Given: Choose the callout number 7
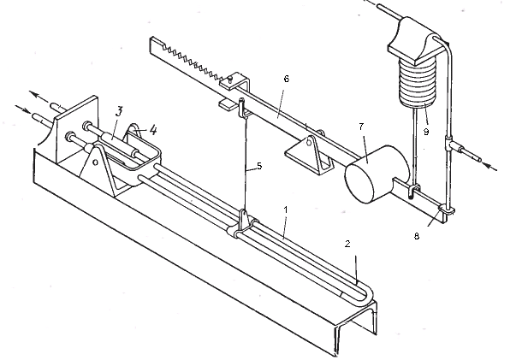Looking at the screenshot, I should coord(362,127).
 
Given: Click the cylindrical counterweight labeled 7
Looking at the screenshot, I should coord(370,172).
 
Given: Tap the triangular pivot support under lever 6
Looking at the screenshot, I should coord(306,155).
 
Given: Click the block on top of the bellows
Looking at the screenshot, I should coord(413,38).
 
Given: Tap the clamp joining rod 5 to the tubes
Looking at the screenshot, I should coord(243,224).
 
